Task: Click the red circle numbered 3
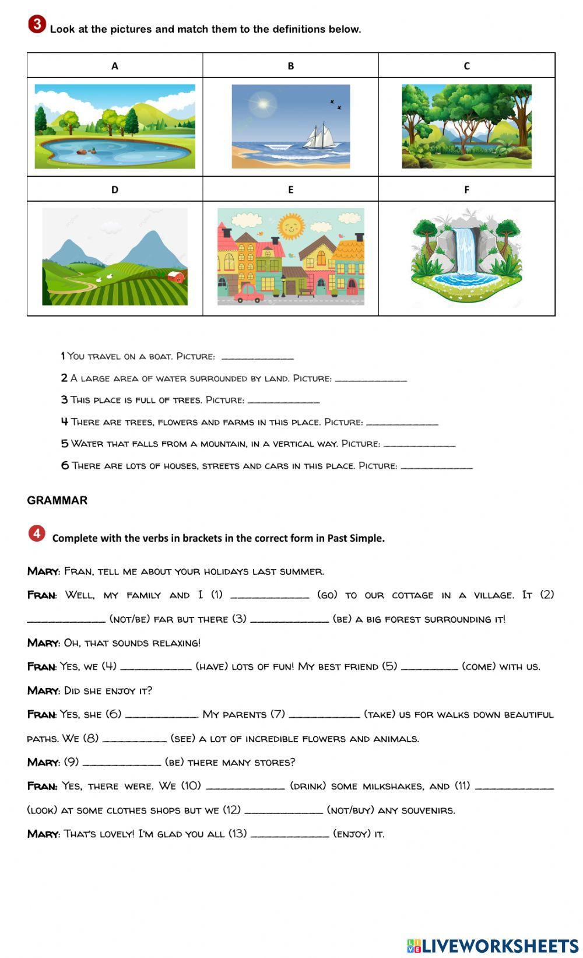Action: point(37,24)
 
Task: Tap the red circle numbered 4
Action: point(37,534)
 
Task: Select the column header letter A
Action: point(115,66)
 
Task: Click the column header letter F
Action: point(466,190)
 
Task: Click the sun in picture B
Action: point(263,105)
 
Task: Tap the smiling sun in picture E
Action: point(290,226)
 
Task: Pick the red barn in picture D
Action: point(177,276)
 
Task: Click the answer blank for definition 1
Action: point(257,357)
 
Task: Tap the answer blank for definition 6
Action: point(437,466)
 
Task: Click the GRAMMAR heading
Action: point(57,500)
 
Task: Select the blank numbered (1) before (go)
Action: point(269,596)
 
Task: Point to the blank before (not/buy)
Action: point(283,810)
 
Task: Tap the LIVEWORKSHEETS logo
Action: point(493,945)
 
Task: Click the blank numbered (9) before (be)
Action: point(121,763)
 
